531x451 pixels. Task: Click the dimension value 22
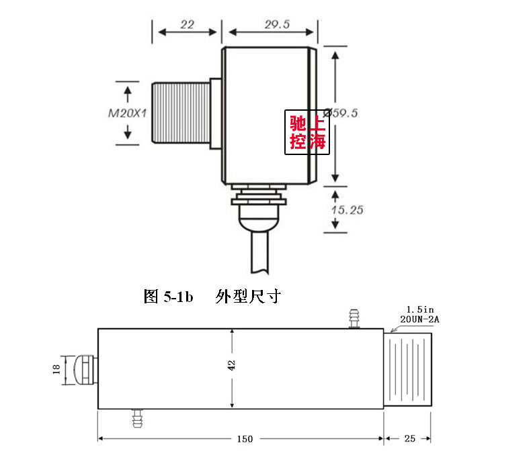tap(187, 24)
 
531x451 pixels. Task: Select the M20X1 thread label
tap(127, 113)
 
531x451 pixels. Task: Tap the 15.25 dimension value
tap(347, 209)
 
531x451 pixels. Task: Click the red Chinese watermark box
tap(307, 132)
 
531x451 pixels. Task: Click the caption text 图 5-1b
tap(169, 297)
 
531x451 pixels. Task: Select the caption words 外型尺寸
tap(247, 297)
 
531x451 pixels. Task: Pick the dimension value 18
tap(56, 368)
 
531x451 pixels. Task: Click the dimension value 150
tap(245, 439)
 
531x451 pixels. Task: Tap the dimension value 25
tap(410, 439)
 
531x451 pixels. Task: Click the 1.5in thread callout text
tap(418, 310)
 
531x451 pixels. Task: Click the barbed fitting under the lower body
tap(138, 419)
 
